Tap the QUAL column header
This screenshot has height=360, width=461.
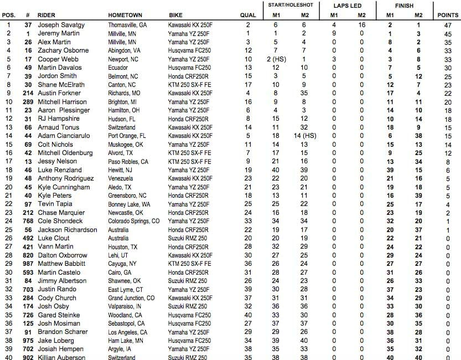coord(248,15)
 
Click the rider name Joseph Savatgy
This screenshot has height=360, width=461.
coord(60,25)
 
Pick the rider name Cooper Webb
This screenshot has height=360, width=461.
coord(56,59)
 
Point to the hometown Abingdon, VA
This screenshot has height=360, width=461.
coord(124,51)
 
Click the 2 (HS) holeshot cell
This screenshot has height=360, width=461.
coord(276,59)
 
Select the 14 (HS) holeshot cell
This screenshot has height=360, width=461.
coord(304,136)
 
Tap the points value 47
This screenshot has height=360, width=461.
coord(448,25)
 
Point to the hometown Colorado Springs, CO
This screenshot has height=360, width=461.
coord(134,221)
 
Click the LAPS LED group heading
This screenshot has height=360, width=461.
coord(348,5)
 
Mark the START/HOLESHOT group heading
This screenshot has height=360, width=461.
coord(290,5)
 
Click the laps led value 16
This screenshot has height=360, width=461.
coord(361,25)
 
